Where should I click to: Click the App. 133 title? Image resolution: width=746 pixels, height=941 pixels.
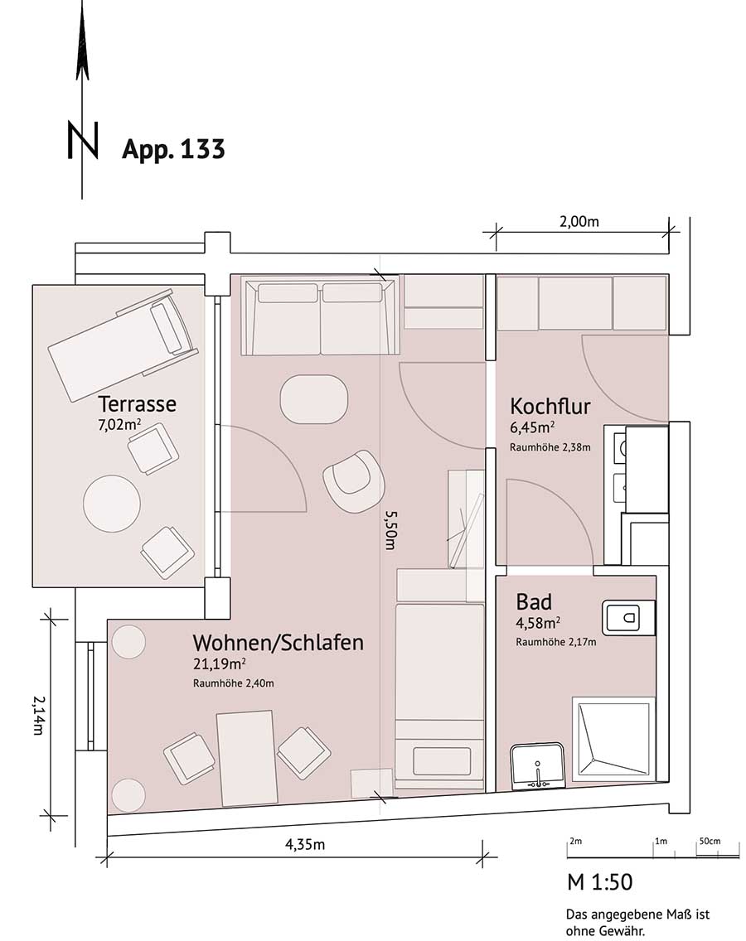[x=173, y=149]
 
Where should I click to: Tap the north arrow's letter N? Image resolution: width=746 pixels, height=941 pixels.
[x=83, y=141]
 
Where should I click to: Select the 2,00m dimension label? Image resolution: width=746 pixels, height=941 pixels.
[x=579, y=221]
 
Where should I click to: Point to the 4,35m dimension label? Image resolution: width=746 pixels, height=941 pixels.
[x=304, y=844]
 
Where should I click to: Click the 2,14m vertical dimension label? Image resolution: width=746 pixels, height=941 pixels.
[x=38, y=716]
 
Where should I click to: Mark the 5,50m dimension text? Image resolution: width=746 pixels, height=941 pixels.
[x=391, y=530]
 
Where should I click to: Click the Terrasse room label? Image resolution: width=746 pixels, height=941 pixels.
[x=137, y=403]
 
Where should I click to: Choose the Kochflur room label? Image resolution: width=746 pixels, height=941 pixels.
[x=550, y=406]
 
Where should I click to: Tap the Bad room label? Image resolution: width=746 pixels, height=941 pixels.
[x=534, y=601]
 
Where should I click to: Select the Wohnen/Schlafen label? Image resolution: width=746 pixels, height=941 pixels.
[x=279, y=643]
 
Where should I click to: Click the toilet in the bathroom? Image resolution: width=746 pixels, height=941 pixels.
[x=628, y=617]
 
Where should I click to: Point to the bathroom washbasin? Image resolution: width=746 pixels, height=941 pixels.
[x=537, y=766]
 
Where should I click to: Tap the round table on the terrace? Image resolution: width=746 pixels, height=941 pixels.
[x=112, y=502]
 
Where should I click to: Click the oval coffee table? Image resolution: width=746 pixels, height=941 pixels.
[x=314, y=399]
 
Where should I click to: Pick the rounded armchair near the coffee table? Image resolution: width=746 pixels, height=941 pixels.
[x=353, y=480]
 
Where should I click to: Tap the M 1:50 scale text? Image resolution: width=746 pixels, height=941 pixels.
[x=599, y=882]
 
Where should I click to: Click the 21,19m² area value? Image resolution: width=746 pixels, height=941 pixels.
[x=219, y=664]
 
